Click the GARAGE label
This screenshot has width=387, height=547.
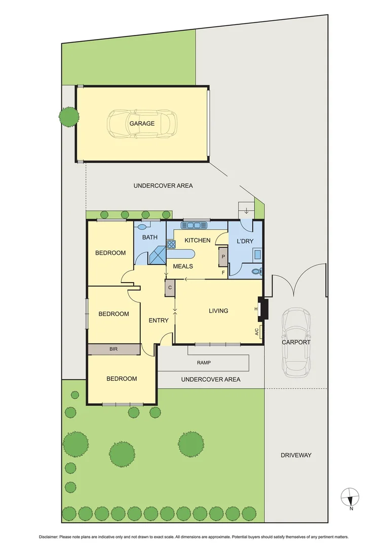[142, 124]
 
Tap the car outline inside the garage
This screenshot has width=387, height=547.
[142, 123]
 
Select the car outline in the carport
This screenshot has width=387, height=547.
[296, 342]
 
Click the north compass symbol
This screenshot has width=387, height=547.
[350, 497]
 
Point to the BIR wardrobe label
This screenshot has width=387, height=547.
[113, 349]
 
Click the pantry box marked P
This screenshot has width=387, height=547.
[223, 257]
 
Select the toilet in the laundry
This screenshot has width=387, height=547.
[257, 271]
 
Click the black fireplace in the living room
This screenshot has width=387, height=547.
[262, 309]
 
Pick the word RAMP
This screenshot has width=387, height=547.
[205, 363]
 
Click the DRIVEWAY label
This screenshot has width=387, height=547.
[296, 455]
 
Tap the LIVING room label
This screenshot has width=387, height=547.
[218, 311]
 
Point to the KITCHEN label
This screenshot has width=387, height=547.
[197, 240]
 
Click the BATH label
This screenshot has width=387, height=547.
[149, 237]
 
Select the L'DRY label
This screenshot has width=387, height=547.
[245, 242]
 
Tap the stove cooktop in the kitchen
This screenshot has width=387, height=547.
[171, 245]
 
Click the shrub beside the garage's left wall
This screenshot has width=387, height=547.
[68, 117]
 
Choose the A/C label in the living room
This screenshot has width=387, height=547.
[257, 332]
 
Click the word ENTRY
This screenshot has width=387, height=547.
[159, 320]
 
